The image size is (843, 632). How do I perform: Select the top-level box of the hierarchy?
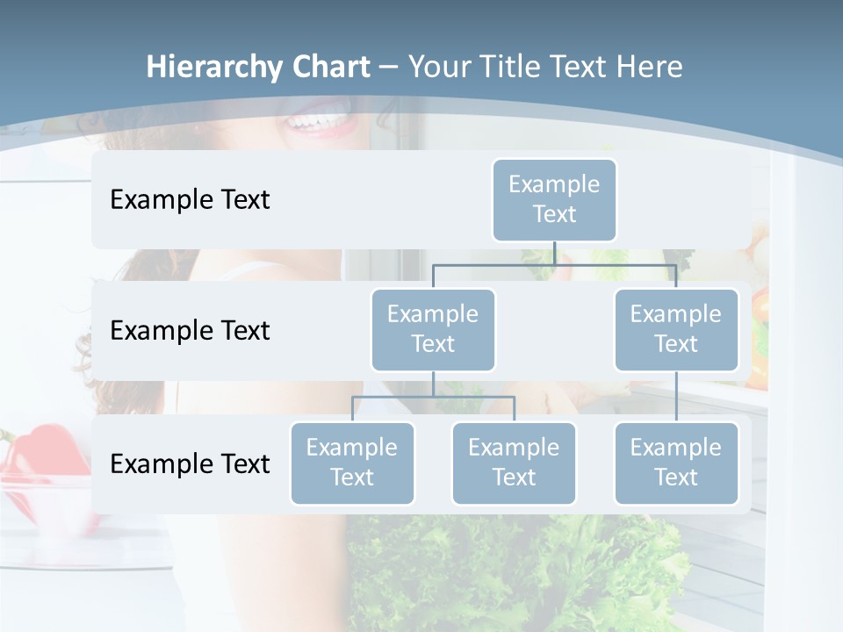[554, 199]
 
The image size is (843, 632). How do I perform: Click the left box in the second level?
[433, 329]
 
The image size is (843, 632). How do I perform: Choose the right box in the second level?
[676, 329]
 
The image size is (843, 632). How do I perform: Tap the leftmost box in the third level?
[352, 463]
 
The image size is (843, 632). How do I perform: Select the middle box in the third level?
[514, 463]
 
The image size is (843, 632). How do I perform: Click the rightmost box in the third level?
[676, 463]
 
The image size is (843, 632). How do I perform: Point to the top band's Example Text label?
[190, 200]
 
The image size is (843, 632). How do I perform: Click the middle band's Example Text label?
[190, 331]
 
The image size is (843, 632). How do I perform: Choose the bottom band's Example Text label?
[190, 463]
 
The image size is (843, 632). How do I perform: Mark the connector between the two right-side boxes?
[676, 397]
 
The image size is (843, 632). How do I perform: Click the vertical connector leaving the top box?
[554, 253]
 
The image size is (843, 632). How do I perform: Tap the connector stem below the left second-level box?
[433, 384]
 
